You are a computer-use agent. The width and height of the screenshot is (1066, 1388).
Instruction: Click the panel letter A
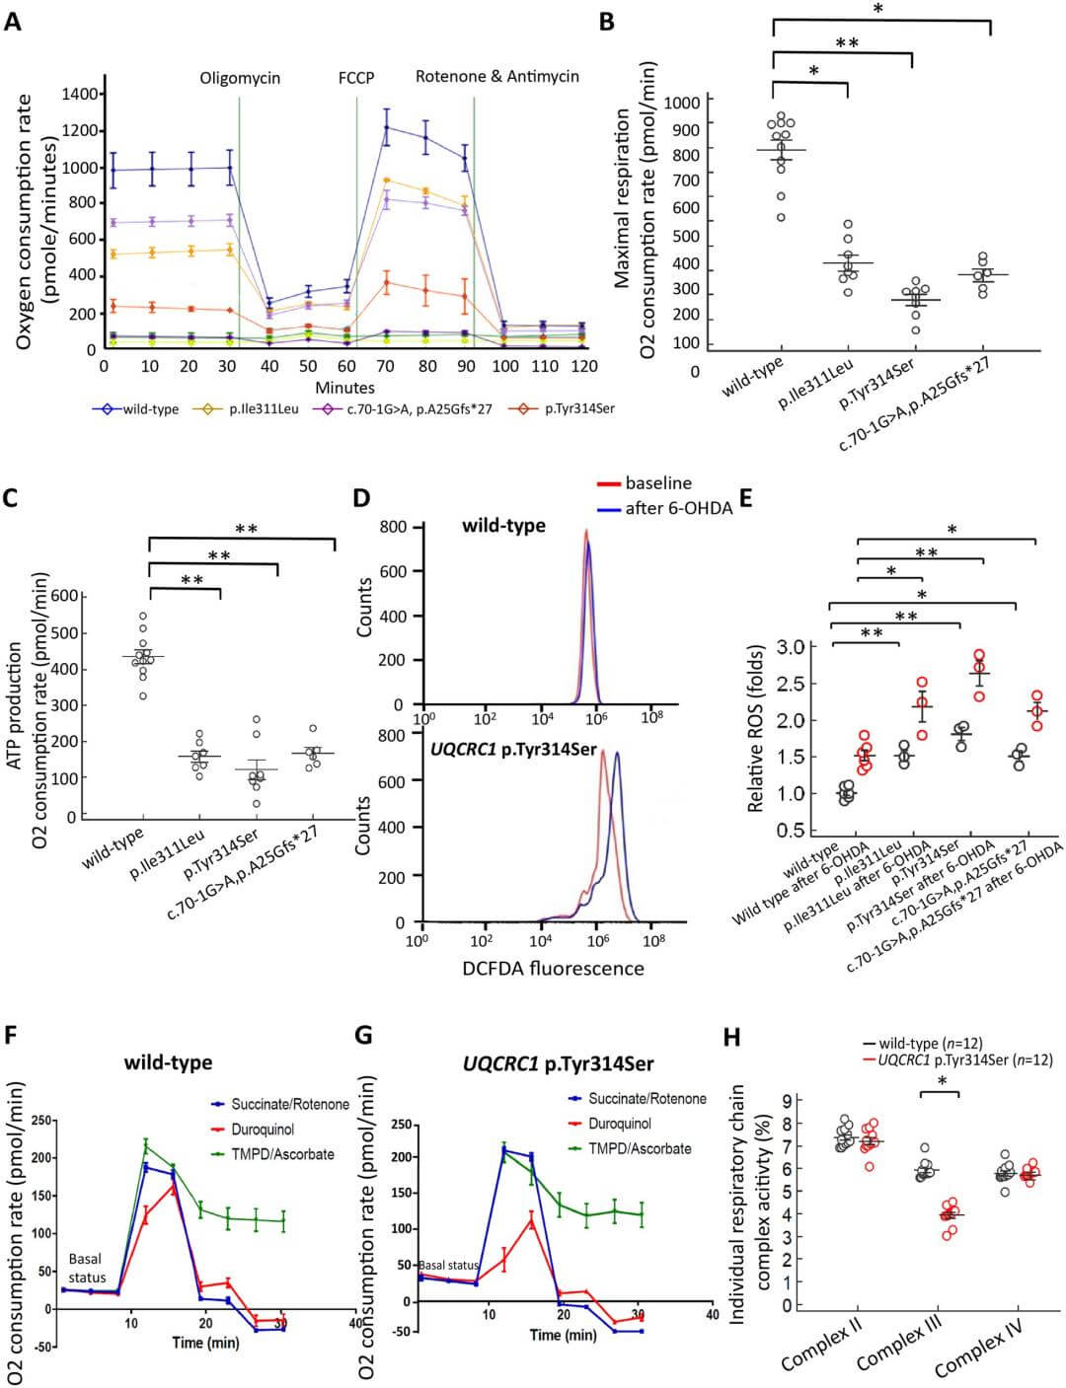coord(13,21)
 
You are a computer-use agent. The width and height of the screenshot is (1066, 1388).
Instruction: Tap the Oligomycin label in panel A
coord(240,77)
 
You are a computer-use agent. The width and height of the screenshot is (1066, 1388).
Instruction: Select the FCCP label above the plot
coord(355,77)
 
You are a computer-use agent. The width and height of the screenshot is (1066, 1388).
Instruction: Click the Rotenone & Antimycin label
coord(496,76)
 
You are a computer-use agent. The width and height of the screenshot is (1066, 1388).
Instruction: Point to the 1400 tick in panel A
coord(80,94)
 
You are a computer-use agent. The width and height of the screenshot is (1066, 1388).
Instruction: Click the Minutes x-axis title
coord(345,388)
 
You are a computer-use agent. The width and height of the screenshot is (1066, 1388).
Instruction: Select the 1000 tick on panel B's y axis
coord(683,102)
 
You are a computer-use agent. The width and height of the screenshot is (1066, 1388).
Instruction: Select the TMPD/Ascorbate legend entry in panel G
coord(640,1148)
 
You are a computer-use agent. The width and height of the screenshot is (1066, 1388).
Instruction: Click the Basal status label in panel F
coord(87,1267)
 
